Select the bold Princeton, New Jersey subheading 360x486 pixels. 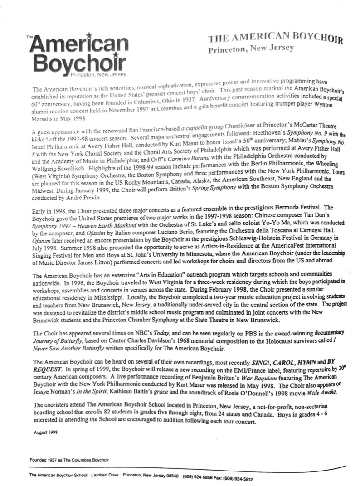[x=251, y=50]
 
